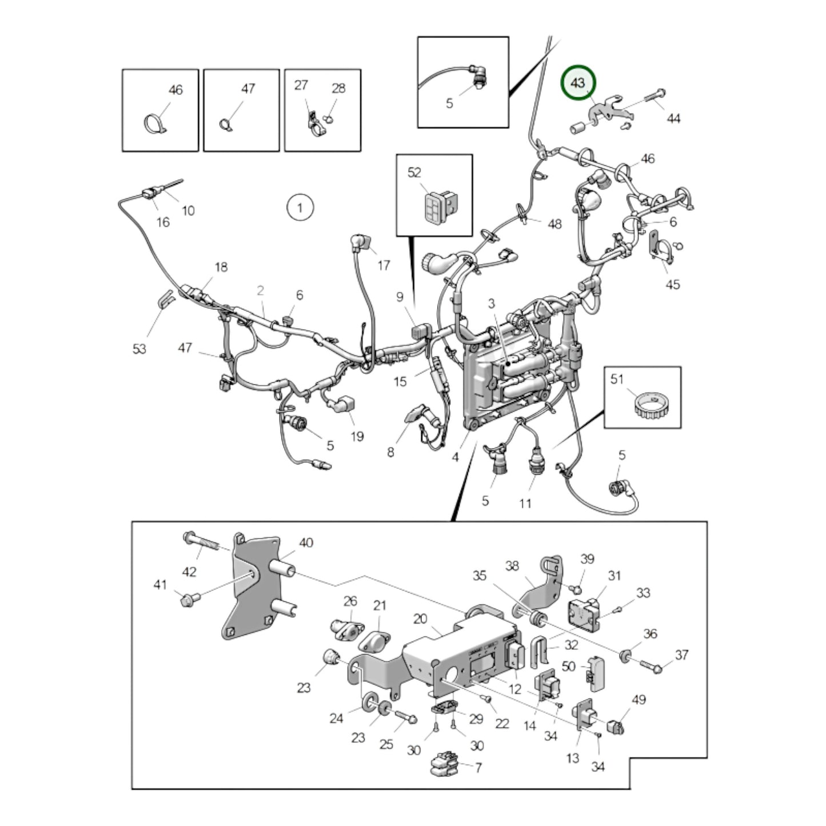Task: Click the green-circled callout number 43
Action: (578, 83)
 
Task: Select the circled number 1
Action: (300, 207)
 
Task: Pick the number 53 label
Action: (139, 349)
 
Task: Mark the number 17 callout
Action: (384, 265)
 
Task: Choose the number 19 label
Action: (357, 437)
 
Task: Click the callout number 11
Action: (525, 503)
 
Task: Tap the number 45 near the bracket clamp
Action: (673, 284)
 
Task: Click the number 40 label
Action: (306, 542)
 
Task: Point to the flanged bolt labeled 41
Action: (187, 600)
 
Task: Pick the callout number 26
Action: (350, 601)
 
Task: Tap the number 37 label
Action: (681, 655)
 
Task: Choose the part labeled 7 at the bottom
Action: (443, 765)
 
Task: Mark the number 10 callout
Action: (188, 210)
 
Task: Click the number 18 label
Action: (221, 266)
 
